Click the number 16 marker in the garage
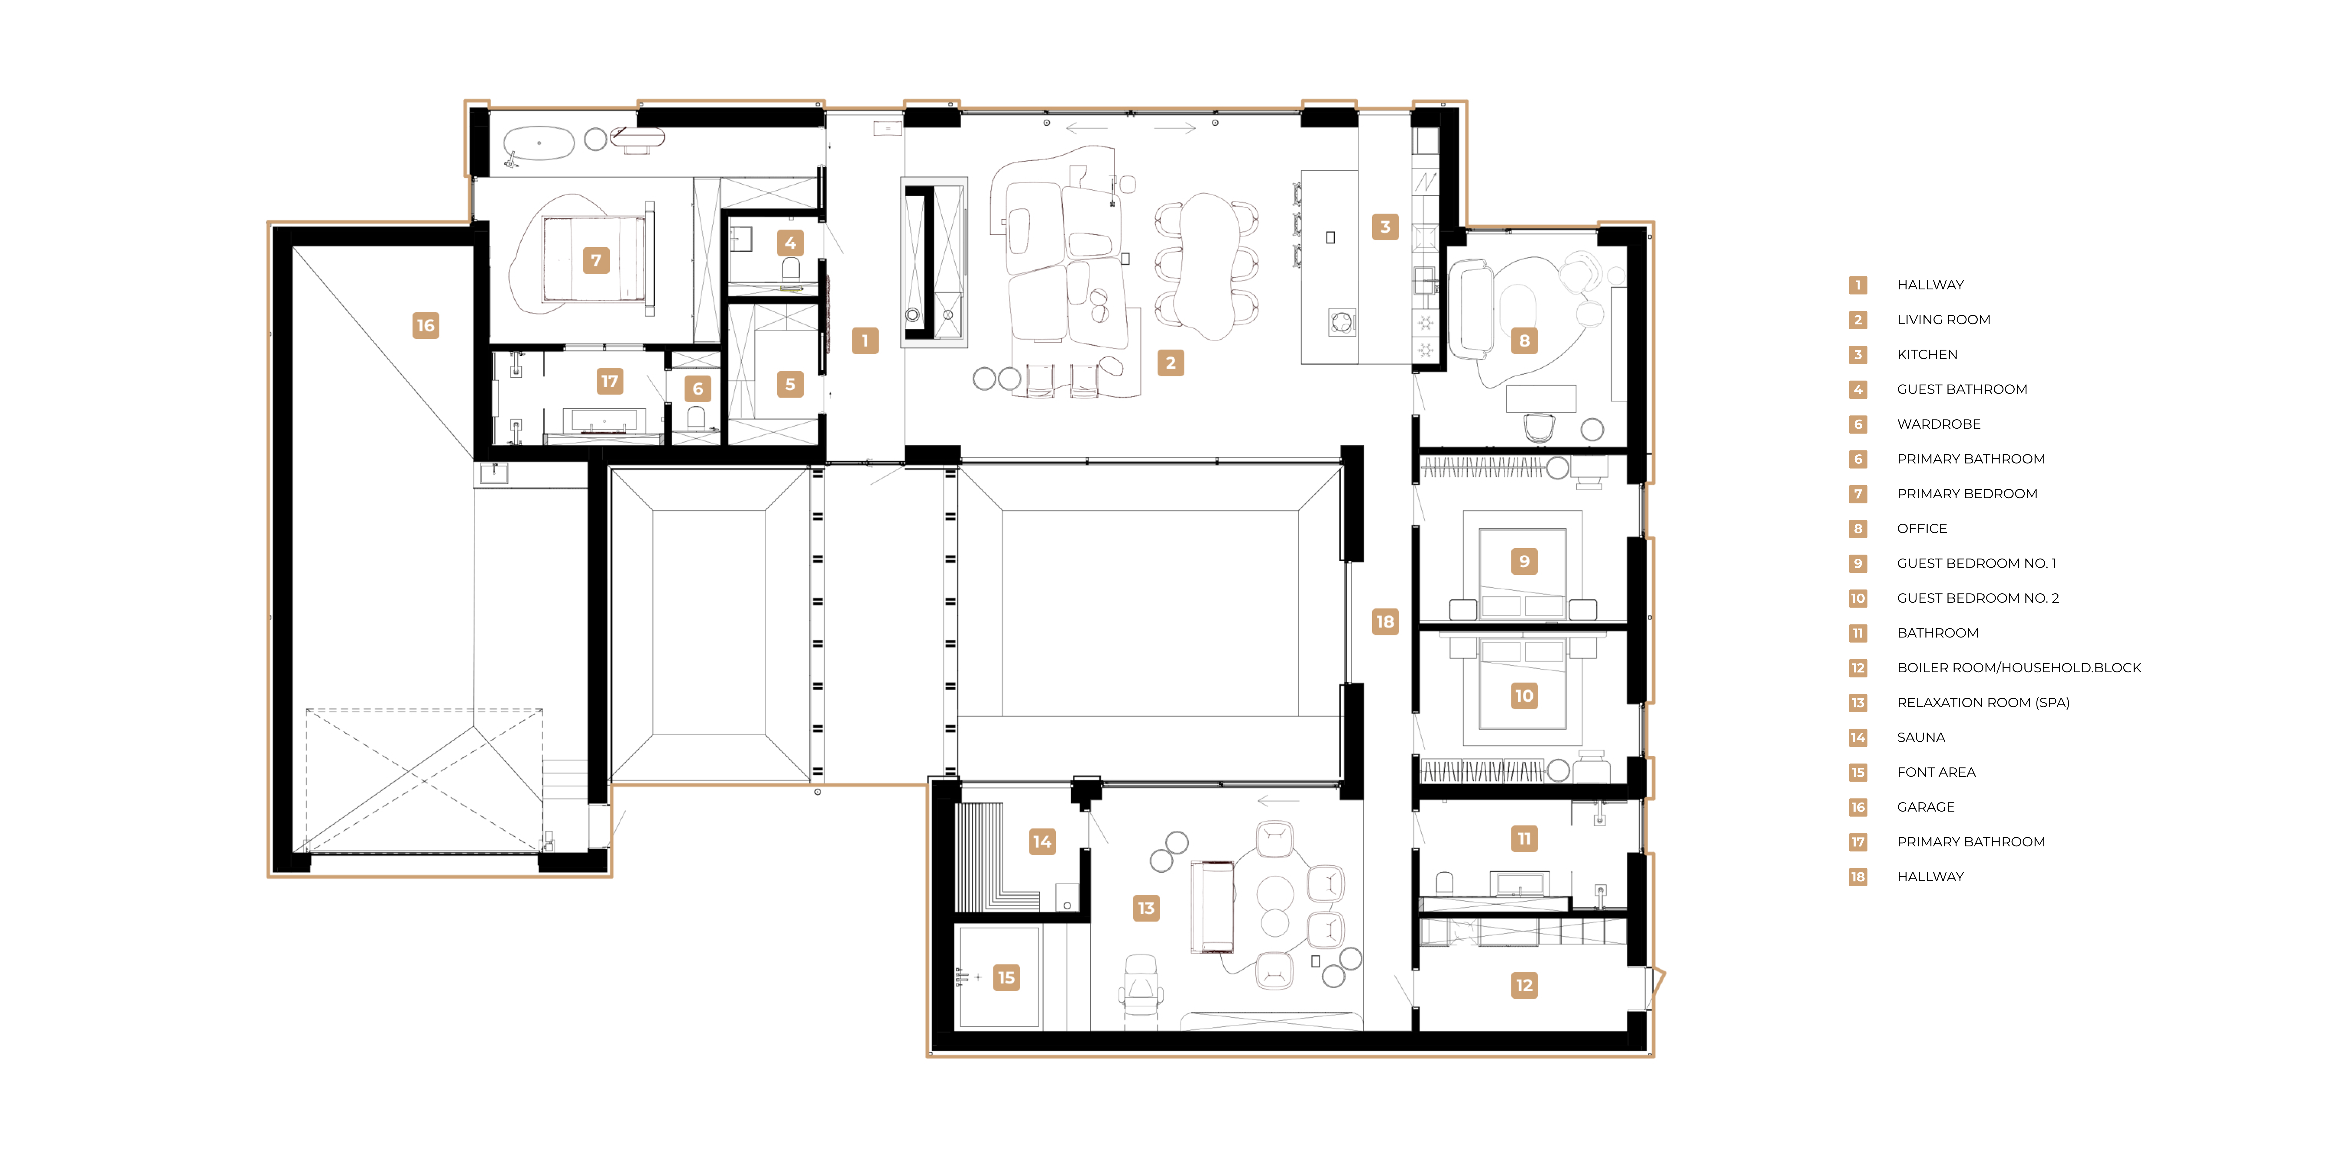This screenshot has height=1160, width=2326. coord(425,325)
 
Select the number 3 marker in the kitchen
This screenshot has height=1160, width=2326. coord(1385,227)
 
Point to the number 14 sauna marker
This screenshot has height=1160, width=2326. coord(1042,841)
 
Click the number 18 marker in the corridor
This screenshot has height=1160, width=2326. coord(1385,621)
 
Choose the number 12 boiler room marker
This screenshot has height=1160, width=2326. coord(1524,985)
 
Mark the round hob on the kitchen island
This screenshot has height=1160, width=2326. coord(1342,321)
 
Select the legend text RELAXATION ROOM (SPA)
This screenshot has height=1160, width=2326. coord(1983,702)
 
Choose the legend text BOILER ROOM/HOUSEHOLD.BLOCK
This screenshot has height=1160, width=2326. coord(2019,668)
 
